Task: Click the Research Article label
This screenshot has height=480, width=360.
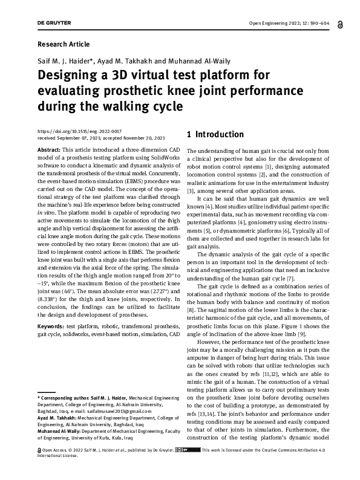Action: coord(63,44)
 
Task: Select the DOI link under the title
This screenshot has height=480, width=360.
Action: coord(79,131)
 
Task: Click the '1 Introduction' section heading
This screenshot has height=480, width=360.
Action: coord(215,134)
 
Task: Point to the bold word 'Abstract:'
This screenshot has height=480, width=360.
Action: coord(49,149)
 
